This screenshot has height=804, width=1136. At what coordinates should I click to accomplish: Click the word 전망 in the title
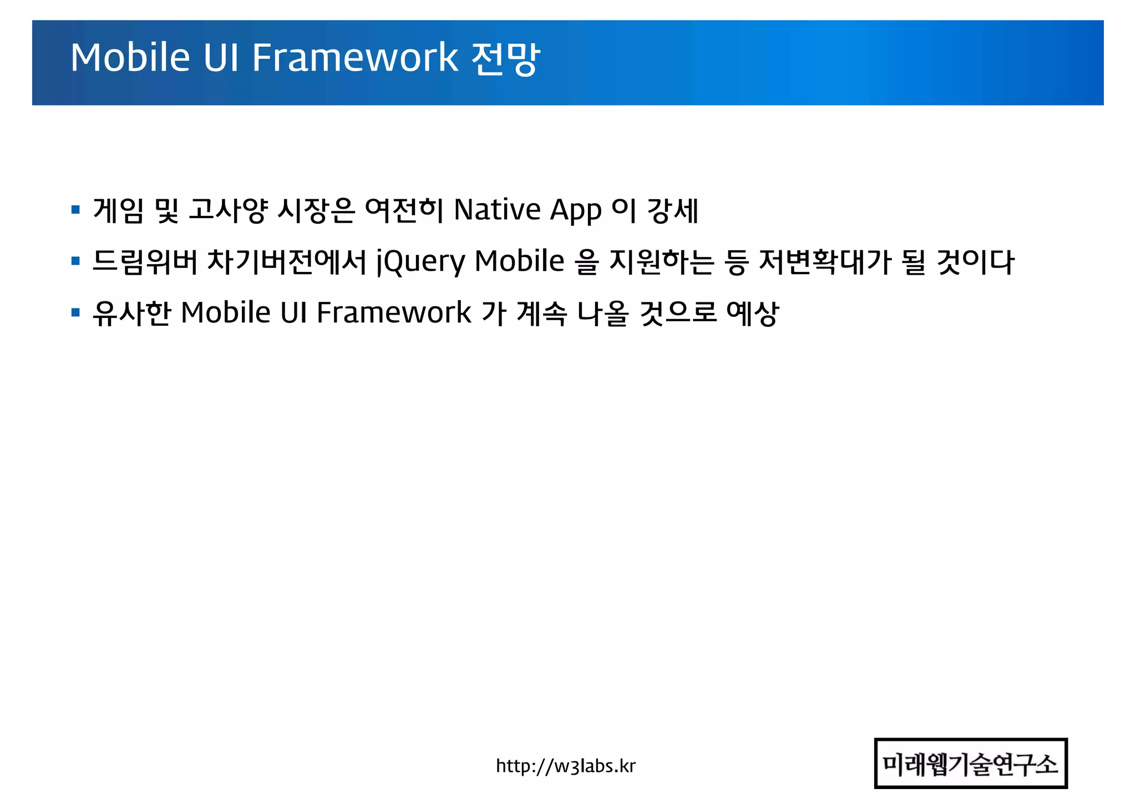[x=505, y=58]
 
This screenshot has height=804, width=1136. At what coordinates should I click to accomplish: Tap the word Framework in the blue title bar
[x=355, y=58]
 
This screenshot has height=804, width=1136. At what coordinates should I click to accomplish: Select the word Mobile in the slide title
[x=130, y=58]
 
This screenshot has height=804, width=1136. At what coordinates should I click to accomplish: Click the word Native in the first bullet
[x=497, y=210]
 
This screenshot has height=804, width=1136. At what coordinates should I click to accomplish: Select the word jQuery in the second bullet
[x=420, y=262]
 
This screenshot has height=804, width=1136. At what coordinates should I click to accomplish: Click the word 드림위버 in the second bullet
[x=145, y=262]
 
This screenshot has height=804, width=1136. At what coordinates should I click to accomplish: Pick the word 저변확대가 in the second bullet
[x=824, y=262]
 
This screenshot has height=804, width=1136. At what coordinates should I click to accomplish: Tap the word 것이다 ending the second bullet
[x=976, y=262]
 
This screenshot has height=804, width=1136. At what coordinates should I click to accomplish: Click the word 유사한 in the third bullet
[x=131, y=313]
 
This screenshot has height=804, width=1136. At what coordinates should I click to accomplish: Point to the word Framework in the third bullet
[x=394, y=313]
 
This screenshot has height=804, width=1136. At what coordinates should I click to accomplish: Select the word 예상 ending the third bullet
[x=753, y=313]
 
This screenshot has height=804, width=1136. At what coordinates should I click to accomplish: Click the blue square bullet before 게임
[x=76, y=210]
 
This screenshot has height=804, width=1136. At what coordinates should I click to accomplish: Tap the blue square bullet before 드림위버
[x=76, y=261]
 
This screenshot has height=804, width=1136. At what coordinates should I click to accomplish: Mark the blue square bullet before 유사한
[x=76, y=312]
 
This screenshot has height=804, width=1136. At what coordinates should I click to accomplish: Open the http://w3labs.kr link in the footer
[x=565, y=766]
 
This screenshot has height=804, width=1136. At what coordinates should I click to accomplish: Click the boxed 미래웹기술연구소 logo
[x=970, y=763]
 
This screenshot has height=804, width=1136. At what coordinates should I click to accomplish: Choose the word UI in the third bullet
[x=293, y=313]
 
